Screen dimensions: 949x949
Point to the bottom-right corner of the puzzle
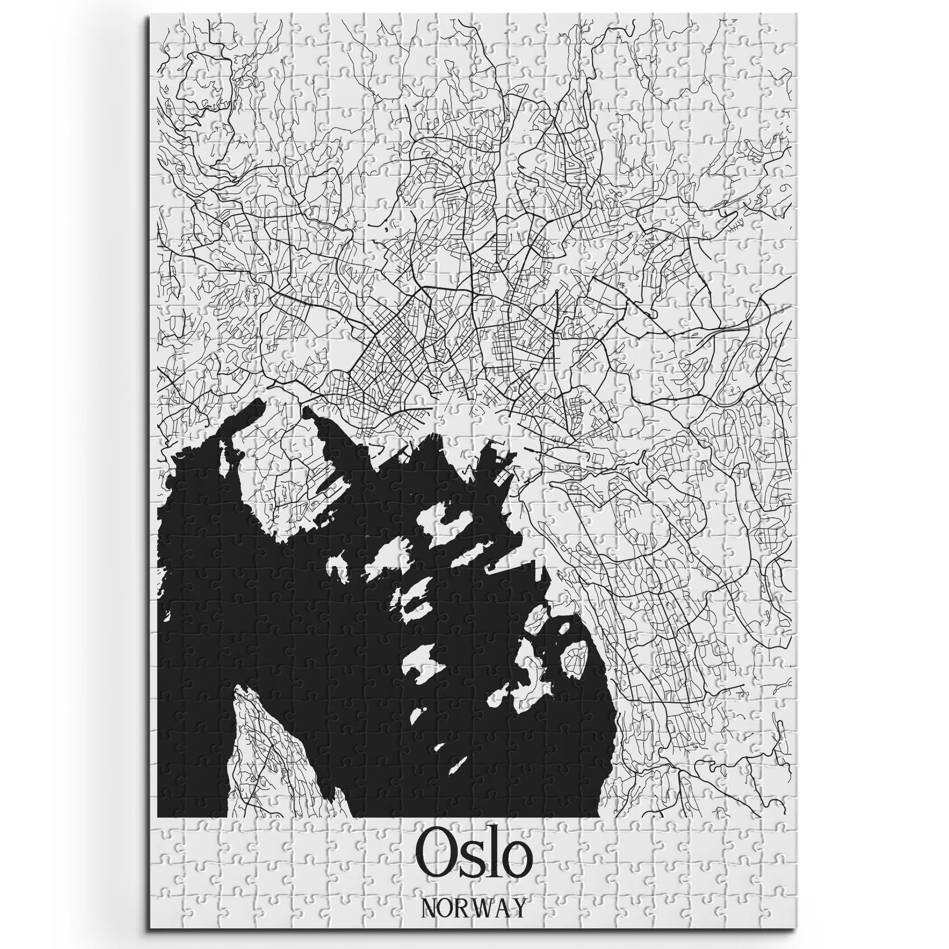pos(801,931)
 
